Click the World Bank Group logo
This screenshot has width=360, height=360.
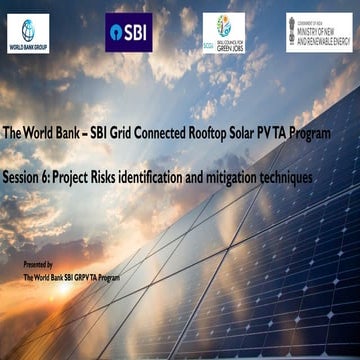[x=28, y=33]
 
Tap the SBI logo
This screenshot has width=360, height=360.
[x=128, y=32]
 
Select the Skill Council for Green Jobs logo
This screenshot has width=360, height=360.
[x=223, y=32]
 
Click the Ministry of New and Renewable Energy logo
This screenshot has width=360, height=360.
[x=319, y=32]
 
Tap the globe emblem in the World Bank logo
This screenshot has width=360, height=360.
[x=28, y=27]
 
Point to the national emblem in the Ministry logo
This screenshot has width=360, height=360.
[x=294, y=30]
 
